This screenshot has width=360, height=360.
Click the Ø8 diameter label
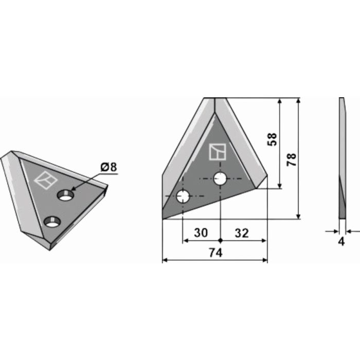tap(109, 167)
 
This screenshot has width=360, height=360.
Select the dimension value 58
tap(272, 139)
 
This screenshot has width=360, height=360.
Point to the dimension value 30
tap(201, 233)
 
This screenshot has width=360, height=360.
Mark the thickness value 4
tap(341, 242)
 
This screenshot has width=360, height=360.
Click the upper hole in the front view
tap(221, 179)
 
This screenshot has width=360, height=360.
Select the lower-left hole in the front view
tap(183, 196)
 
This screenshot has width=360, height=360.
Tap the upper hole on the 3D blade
tap(66, 195)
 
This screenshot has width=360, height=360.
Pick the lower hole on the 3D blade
tap(51, 222)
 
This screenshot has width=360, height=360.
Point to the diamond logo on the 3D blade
tap(46, 180)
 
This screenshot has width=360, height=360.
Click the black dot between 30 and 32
tap(221, 240)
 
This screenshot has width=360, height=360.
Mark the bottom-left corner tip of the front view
tap(163, 219)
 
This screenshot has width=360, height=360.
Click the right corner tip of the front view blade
tap(267, 176)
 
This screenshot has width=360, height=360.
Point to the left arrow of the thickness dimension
tap(334, 231)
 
